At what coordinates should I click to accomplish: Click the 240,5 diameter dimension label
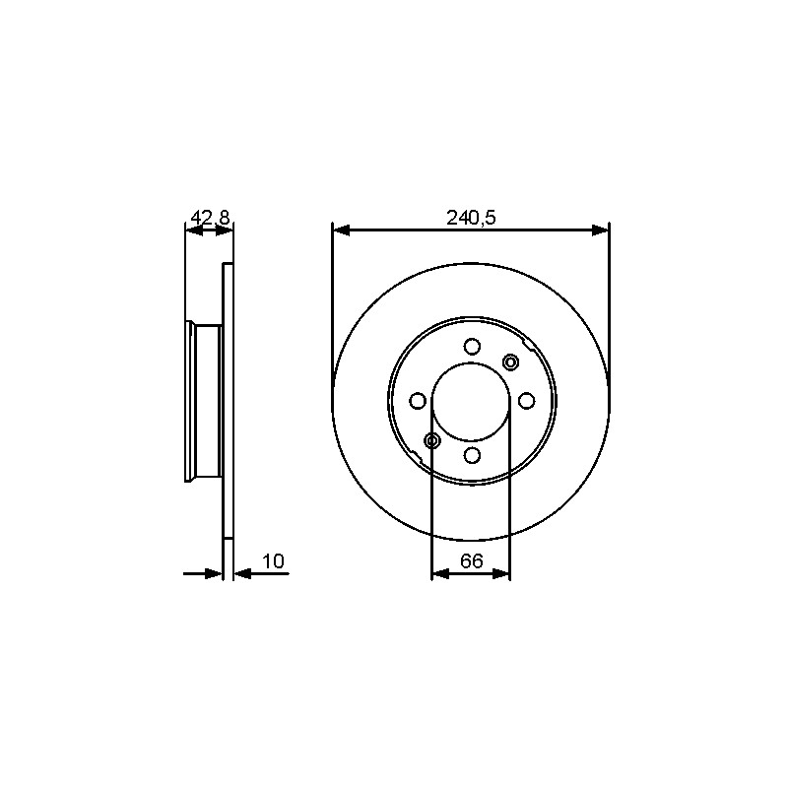[x=471, y=218]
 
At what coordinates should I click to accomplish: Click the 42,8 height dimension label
[x=210, y=218]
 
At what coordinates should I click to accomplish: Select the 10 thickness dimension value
[x=274, y=561]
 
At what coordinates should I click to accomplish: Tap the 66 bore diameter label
[x=472, y=560]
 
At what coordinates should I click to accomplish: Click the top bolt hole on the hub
[x=472, y=347]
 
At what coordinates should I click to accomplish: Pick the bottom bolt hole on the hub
[x=472, y=455]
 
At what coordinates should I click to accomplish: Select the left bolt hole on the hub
[x=418, y=401]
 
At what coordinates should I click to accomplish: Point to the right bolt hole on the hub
[x=526, y=401]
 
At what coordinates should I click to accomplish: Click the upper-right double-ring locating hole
[x=510, y=361]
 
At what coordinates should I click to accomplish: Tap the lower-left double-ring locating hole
[x=432, y=440]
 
